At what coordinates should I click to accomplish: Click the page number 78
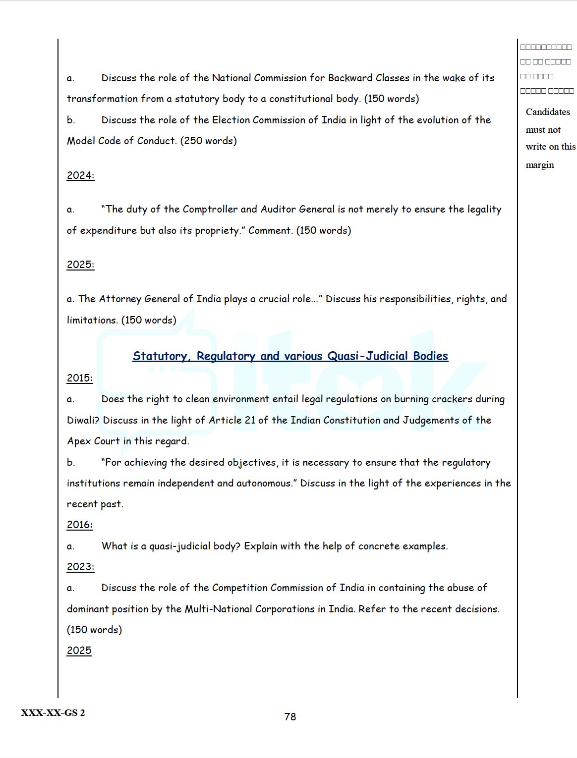pyautogui.click(x=290, y=716)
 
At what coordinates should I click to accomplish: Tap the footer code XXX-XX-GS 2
pyautogui.click(x=53, y=712)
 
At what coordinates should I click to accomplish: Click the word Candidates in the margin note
pyautogui.click(x=548, y=112)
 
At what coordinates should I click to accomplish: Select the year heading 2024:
pyautogui.click(x=80, y=175)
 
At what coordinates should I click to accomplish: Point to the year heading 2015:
pyautogui.click(x=80, y=378)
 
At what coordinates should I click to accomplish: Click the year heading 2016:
pyautogui.click(x=80, y=525)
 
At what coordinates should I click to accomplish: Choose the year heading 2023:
pyautogui.click(x=80, y=567)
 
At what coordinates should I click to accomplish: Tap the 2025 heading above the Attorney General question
pyautogui.click(x=80, y=265)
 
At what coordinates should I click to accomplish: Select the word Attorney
pyautogui.click(x=120, y=299)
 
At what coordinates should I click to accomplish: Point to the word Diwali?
pyautogui.click(x=83, y=420)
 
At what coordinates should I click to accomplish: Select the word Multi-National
pyautogui.click(x=218, y=609)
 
